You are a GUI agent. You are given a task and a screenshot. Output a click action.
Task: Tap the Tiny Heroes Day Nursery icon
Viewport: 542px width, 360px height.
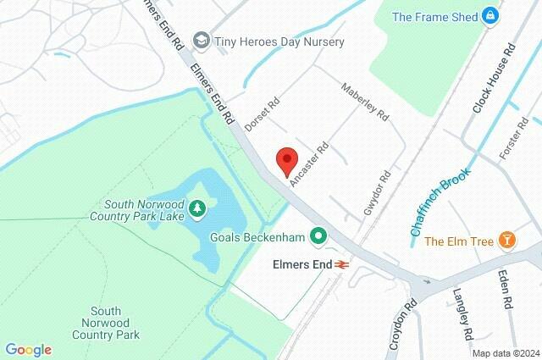(x=201, y=40)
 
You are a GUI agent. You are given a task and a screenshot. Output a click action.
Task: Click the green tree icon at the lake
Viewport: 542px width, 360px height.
(x=196, y=207)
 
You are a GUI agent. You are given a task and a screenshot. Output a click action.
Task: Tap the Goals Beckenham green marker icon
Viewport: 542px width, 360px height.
(x=319, y=236)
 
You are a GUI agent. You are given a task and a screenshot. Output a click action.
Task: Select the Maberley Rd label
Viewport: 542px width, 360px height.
(x=364, y=101)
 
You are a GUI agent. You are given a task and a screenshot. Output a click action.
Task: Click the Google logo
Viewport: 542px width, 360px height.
(x=28, y=350)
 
